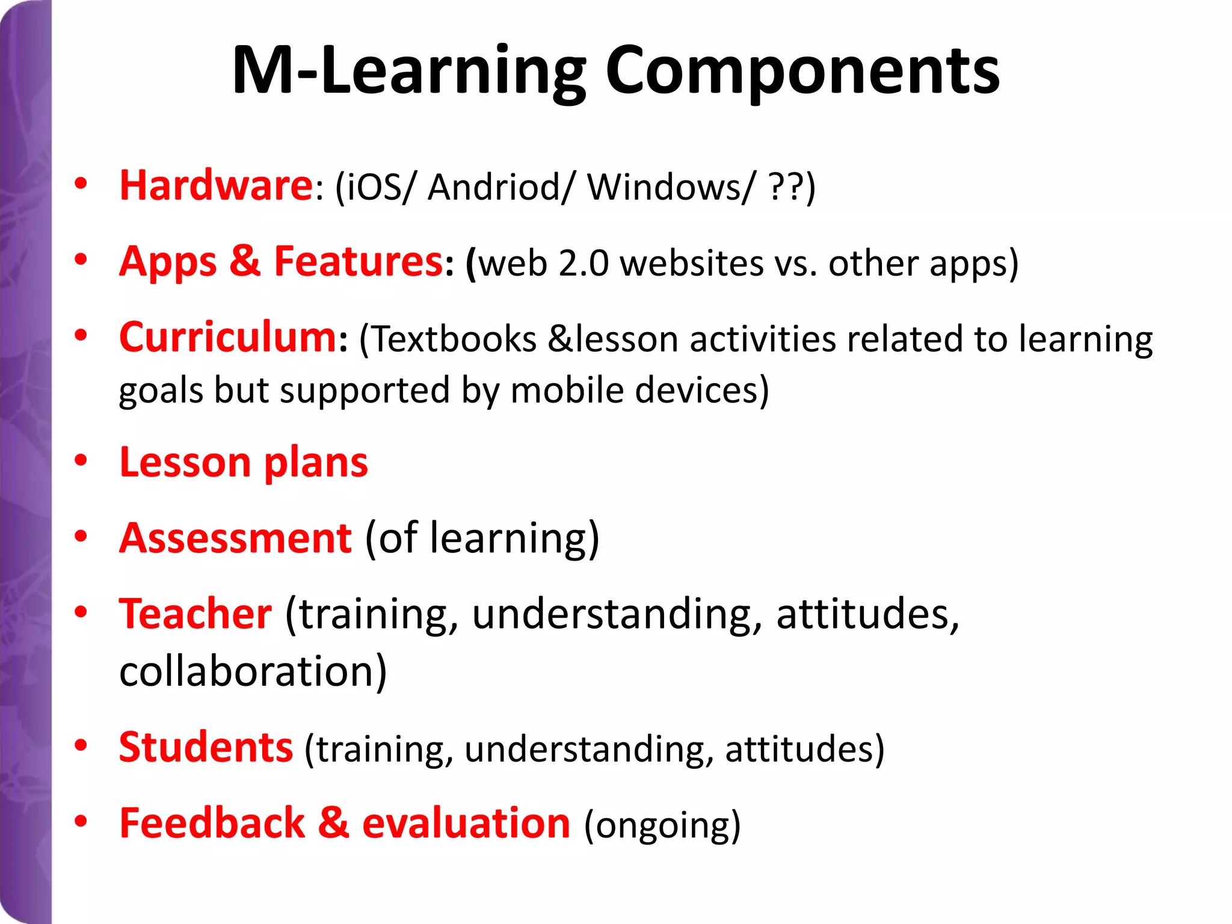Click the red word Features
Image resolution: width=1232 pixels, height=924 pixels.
click(x=359, y=262)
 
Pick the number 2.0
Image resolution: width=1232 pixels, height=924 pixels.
click(x=583, y=264)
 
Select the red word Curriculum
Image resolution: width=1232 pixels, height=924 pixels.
click(x=228, y=337)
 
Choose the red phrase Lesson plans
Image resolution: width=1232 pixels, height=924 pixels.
click(x=244, y=463)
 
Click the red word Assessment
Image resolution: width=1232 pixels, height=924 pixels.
click(x=235, y=538)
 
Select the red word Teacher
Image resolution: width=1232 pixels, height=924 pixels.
click(x=196, y=614)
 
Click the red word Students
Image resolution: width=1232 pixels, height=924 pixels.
click(x=206, y=748)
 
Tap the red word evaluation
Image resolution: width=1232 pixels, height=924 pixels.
click(x=466, y=824)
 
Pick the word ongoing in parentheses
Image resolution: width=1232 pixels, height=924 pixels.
click(x=662, y=826)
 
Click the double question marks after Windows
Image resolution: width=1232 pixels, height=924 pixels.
click(x=786, y=187)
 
